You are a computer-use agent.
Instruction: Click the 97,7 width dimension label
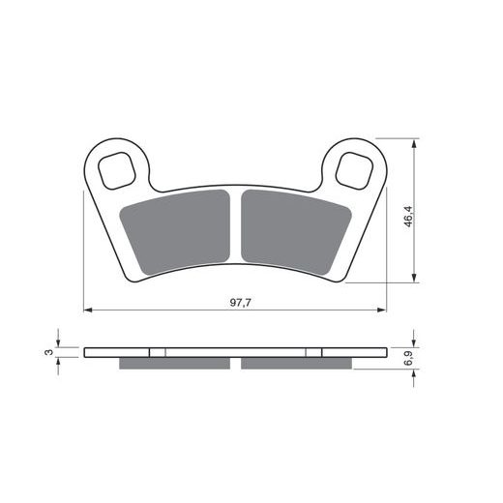(240, 303)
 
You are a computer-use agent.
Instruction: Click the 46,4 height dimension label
(408, 217)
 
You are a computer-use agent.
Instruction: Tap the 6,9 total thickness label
(409, 359)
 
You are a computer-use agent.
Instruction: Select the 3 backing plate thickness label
(48, 352)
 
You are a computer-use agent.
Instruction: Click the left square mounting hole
(116, 170)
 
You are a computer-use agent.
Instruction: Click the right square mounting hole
(354, 170)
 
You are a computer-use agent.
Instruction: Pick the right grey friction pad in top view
(295, 231)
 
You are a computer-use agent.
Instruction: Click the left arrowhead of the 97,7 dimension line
(88, 310)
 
